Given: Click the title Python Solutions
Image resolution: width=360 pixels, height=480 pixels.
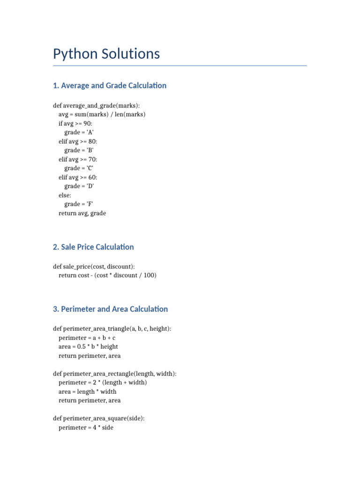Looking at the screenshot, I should point(106,54).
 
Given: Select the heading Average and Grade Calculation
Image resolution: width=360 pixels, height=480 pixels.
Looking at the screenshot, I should point(110,85).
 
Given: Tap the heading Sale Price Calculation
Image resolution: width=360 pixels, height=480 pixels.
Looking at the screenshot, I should point(93,247).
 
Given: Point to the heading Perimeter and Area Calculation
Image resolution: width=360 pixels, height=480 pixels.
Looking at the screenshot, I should point(110,309).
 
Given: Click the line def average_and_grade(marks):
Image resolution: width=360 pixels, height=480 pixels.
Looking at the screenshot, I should point(96,105).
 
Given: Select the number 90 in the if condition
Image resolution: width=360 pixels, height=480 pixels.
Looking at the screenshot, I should point(88,123).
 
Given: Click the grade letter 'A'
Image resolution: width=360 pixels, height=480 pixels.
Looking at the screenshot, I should point(90,132).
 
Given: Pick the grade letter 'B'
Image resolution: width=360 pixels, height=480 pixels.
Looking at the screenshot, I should point(90,150).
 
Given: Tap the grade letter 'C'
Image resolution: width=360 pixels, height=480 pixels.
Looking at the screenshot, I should point(90,168).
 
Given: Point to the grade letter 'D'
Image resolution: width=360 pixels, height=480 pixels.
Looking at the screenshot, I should point(90,186).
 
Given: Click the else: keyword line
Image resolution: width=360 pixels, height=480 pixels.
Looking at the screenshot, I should point(65,195).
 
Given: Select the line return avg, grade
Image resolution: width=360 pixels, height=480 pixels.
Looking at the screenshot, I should point(82,213).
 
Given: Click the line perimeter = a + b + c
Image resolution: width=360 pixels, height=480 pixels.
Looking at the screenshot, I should point(87,338).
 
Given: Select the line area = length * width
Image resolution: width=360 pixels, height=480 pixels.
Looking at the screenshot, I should point(88,391).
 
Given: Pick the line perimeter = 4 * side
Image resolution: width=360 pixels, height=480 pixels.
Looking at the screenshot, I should point(86,427).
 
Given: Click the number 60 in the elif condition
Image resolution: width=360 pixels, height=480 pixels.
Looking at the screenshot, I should point(92,177).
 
